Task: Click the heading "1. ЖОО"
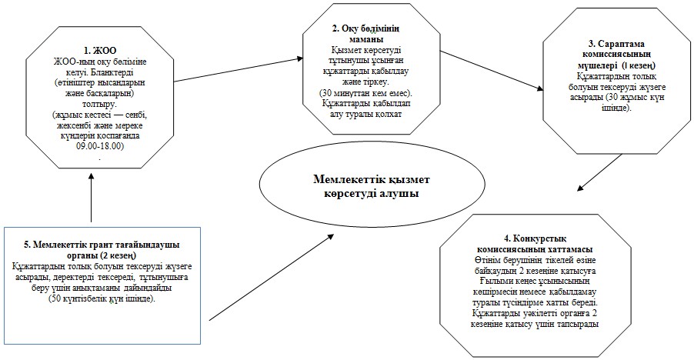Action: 102,50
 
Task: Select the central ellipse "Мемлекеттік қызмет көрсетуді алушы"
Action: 372,187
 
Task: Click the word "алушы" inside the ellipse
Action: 400,193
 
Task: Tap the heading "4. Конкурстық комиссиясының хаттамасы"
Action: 535,244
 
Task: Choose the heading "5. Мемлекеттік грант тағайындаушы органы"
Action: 102,250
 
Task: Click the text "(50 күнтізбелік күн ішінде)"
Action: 102,298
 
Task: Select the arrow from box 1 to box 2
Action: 239,70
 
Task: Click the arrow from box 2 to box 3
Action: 492,71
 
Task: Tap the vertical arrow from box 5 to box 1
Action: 92,197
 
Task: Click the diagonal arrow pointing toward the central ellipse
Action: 272,277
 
